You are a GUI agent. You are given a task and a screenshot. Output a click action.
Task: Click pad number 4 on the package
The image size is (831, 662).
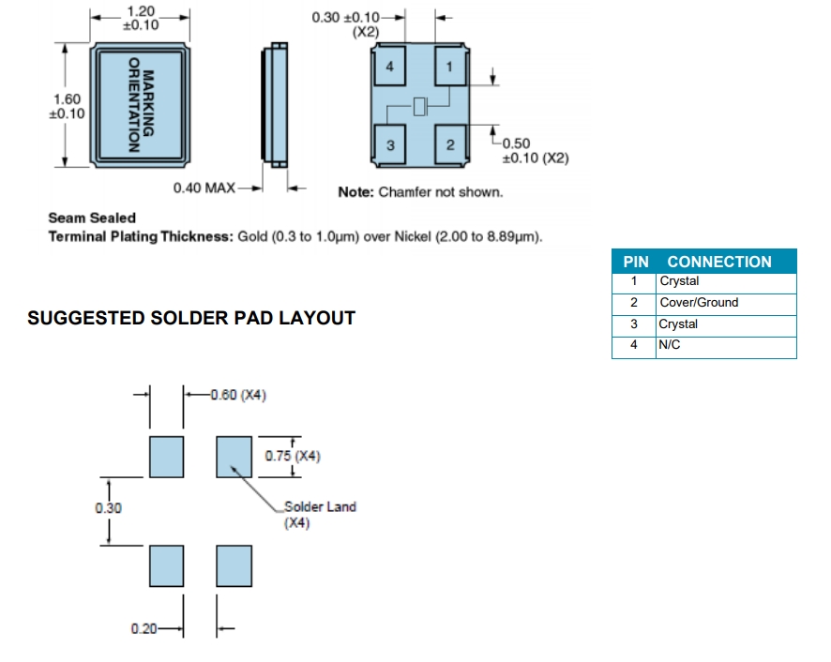389,67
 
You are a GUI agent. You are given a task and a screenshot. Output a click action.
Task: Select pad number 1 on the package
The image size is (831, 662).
449,67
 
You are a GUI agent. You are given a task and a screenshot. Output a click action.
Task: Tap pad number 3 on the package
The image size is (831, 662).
389,144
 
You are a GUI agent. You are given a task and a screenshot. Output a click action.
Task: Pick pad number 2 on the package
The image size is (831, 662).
449,144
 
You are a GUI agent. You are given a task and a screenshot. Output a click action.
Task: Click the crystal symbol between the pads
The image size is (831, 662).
419,106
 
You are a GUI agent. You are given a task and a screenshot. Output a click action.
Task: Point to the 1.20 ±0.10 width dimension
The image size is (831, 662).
140,18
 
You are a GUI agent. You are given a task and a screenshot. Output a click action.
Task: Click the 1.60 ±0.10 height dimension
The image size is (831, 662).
67,106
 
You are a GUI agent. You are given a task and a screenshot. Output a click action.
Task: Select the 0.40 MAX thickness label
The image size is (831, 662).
204,188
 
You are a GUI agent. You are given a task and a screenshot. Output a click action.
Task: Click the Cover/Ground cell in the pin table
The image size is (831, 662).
699,303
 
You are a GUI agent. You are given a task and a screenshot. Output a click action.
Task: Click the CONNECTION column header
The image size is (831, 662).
719,262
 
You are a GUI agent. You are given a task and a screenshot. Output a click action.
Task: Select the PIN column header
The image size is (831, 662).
636,262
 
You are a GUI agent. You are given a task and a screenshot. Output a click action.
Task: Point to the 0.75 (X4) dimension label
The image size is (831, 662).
293,457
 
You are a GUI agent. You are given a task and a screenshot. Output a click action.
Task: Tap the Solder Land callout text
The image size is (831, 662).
320,507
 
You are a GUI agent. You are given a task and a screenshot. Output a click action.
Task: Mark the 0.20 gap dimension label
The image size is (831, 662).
144,628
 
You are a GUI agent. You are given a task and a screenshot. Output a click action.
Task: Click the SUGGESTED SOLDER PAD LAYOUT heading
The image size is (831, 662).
191,318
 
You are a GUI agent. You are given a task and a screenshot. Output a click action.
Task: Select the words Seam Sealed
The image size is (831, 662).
92,218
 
